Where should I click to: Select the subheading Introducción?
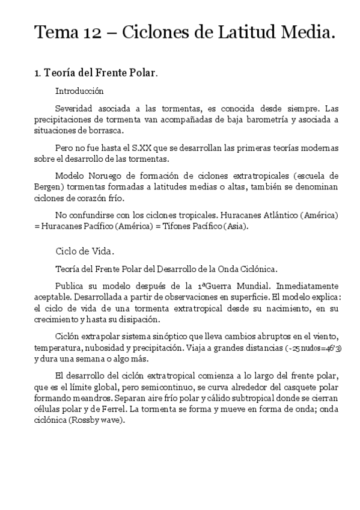pos(79,92)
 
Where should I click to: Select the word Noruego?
pos(104,176)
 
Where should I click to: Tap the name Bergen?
pos(47,187)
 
